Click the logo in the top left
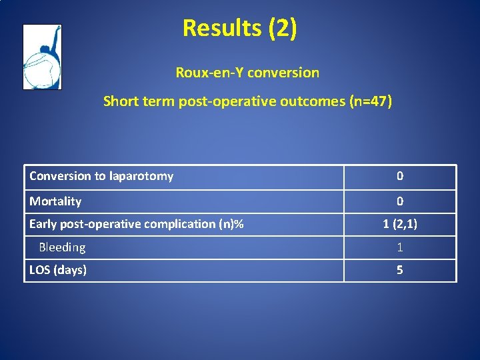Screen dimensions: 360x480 [42, 57]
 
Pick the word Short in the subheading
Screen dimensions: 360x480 [121, 101]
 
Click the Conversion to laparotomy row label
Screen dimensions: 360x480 [101, 176]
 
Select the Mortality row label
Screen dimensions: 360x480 [55, 201]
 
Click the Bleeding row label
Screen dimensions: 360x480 [62, 247]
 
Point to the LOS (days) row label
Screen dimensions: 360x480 [58, 270]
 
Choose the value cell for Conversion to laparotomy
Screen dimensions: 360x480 [400, 176]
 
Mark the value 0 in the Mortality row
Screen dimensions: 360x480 [400, 201]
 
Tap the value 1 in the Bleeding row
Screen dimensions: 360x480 [400, 247]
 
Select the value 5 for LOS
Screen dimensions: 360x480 [400, 270]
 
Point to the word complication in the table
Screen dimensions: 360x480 [179, 224]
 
